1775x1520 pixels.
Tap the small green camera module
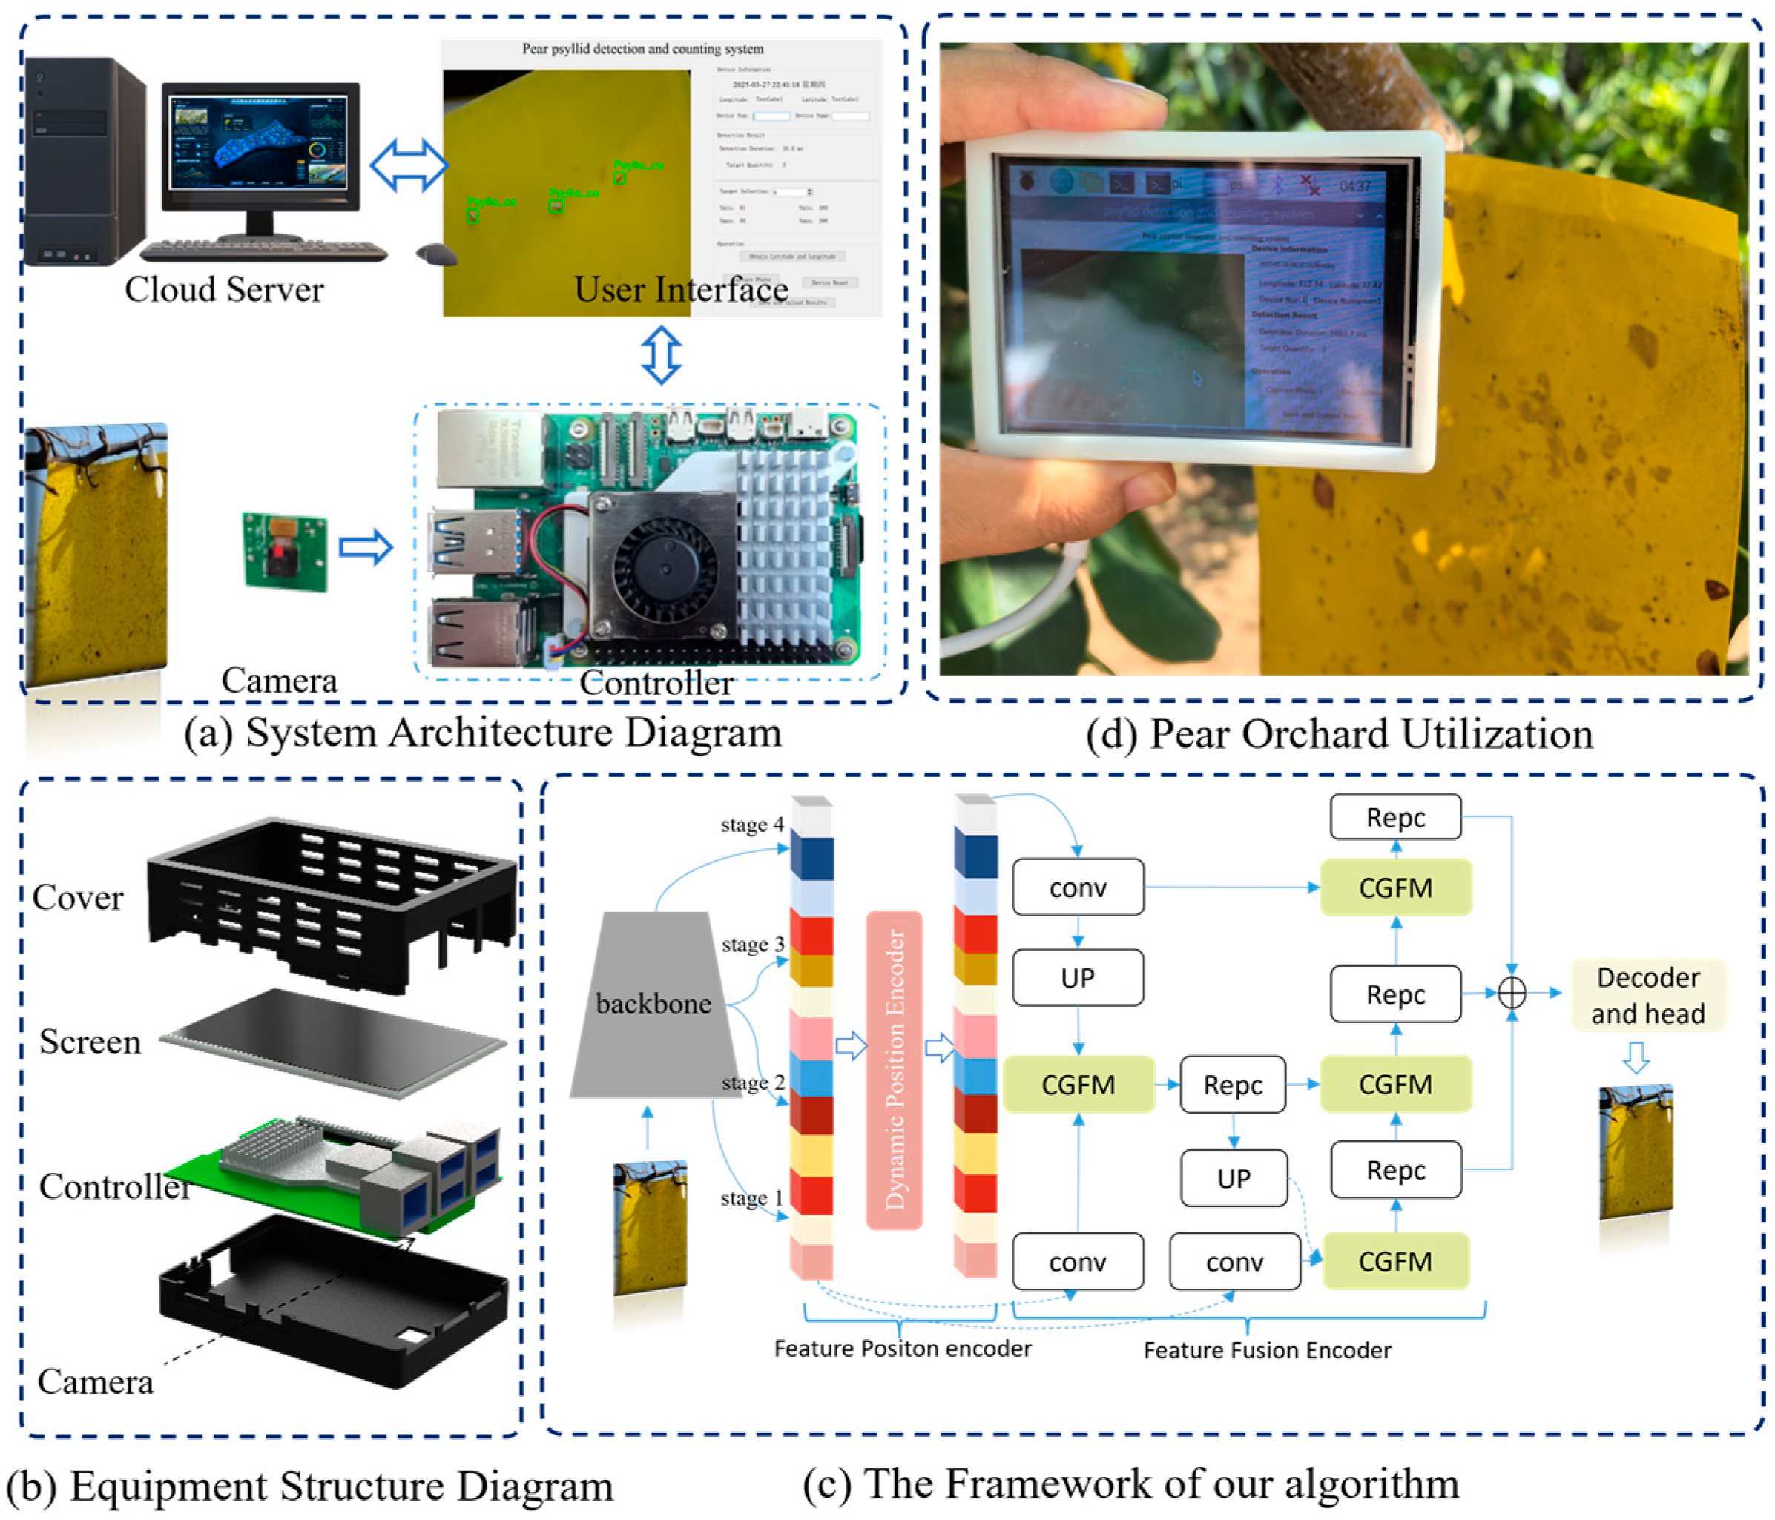[x=284, y=552]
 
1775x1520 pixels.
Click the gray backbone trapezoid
[x=653, y=1005]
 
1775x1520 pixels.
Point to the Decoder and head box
[x=1647, y=995]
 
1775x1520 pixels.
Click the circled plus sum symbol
[x=1511, y=993]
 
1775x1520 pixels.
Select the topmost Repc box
[x=1394, y=817]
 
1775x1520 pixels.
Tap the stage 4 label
[x=751, y=825]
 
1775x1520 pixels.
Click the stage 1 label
[x=751, y=1197]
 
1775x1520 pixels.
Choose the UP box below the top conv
[x=1077, y=977]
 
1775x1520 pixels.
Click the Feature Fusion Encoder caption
[x=1266, y=1350]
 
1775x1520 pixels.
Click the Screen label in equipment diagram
[x=90, y=1042]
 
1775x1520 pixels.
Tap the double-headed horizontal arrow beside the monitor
[x=408, y=165]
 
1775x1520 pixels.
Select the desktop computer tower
[x=83, y=161]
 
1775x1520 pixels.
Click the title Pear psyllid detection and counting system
[x=642, y=49]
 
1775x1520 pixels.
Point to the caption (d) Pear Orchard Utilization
[x=1338, y=734]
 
